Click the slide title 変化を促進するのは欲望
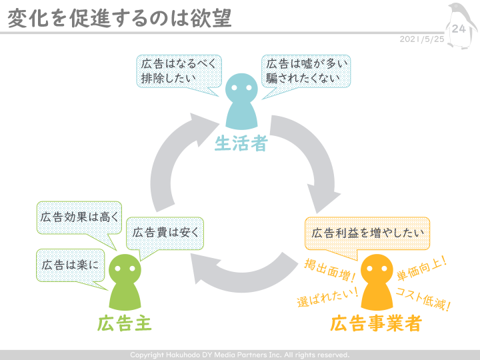(119, 18)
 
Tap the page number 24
(459, 29)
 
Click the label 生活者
(241, 143)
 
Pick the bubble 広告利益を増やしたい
(367, 233)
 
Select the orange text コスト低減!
(423, 298)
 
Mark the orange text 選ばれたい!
(328, 296)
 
